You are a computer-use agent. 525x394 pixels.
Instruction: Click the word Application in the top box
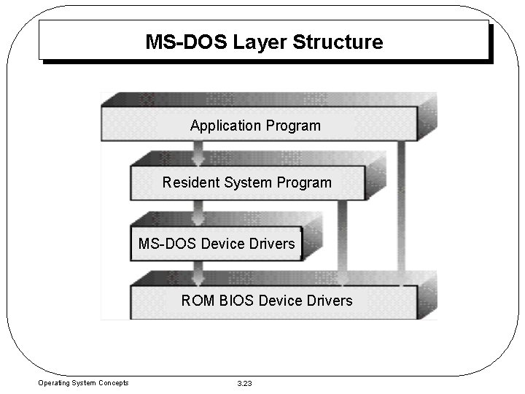pos(225,125)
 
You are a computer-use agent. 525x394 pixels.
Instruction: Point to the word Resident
pos(190,182)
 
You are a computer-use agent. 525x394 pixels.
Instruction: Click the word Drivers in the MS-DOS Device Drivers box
pos(271,243)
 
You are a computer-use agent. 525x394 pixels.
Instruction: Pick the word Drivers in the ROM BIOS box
pos(327,301)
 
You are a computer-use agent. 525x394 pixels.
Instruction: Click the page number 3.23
pos(246,383)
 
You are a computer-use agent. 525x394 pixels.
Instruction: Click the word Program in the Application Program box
pos(293,125)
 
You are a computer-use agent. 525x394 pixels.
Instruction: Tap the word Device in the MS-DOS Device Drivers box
pos(222,243)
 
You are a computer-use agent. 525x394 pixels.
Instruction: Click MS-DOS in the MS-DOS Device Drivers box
pos(167,243)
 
